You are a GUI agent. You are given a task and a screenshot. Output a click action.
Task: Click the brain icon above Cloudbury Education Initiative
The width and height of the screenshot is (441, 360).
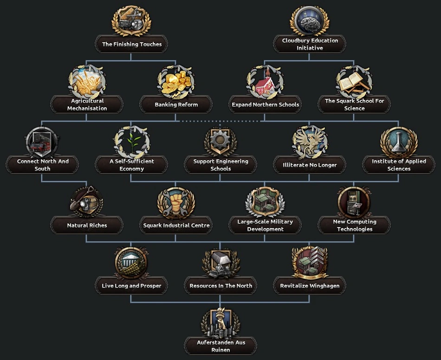(x=310, y=21)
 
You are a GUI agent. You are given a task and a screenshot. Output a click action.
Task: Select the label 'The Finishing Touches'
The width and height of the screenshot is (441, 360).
(x=132, y=45)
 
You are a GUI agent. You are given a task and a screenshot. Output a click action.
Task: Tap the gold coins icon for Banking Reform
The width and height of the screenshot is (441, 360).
(x=176, y=82)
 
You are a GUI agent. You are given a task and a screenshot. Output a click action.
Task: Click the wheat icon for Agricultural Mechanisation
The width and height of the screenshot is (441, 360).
(x=87, y=82)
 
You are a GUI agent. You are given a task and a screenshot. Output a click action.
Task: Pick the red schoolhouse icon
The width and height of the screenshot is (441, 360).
(x=265, y=83)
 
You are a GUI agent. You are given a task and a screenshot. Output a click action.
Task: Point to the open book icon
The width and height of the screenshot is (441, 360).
(x=354, y=82)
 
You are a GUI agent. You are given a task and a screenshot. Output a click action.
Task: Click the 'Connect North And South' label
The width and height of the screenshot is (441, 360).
(x=43, y=165)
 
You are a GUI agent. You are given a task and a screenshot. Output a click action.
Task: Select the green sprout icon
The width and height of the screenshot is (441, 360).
(x=132, y=142)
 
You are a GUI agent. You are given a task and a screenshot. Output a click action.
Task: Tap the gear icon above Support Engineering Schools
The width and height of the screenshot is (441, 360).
(x=220, y=141)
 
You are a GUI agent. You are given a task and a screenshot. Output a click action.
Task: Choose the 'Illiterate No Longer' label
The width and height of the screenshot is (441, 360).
(x=310, y=165)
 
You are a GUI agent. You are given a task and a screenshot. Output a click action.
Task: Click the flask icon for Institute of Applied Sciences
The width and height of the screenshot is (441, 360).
(x=399, y=142)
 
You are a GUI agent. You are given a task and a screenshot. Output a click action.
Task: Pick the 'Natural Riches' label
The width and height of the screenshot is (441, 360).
(x=87, y=225)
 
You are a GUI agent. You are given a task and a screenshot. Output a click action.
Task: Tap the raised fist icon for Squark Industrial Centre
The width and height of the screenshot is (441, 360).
(x=176, y=203)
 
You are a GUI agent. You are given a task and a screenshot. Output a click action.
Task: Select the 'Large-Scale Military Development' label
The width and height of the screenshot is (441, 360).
(x=265, y=225)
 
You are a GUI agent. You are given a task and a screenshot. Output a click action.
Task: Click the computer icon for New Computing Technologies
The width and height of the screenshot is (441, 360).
(x=354, y=203)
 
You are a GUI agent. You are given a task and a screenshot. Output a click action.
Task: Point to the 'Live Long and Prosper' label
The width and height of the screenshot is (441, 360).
(x=132, y=286)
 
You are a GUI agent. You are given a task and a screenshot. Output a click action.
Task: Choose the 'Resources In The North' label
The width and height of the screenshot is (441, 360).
(x=220, y=286)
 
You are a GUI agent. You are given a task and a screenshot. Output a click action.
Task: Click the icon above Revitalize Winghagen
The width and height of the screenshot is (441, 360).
(x=310, y=262)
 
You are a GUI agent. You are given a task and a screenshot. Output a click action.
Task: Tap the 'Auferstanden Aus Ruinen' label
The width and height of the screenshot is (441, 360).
(x=220, y=346)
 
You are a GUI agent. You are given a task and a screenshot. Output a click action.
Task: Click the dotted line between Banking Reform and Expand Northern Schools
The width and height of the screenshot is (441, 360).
(x=220, y=121)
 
